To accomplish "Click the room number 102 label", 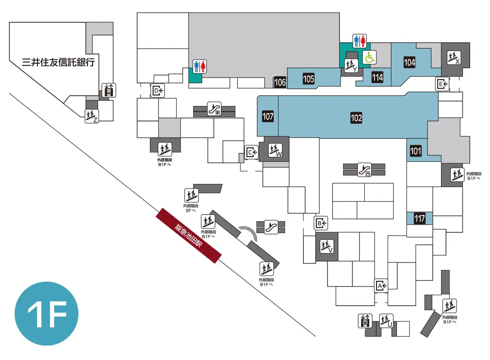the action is (x=356, y=118).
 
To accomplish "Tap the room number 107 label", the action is (x=268, y=116).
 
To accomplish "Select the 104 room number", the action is (x=409, y=62).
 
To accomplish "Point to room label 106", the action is (x=280, y=82).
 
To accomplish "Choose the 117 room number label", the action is (x=420, y=218).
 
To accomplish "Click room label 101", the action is (x=415, y=151).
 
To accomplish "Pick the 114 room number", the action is (x=377, y=77).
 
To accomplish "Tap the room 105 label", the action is (x=308, y=79).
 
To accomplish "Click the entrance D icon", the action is (x=158, y=91).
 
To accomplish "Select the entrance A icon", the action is (x=381, y=286).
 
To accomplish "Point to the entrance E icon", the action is (x=442, y=84).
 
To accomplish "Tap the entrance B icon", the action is (x=321, y=223).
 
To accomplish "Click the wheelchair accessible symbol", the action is (x=369, y=57).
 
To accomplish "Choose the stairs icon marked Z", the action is (x=92, y=116).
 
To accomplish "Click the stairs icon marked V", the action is (x=327, y=247).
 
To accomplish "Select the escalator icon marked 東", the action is (x=214, y=109).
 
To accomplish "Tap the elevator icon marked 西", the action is (x=365, y=321).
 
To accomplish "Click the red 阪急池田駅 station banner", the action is (x=189, y=236).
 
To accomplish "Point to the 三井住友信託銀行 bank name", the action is (x=58, y=62).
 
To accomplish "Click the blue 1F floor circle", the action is (x=46, y=314).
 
